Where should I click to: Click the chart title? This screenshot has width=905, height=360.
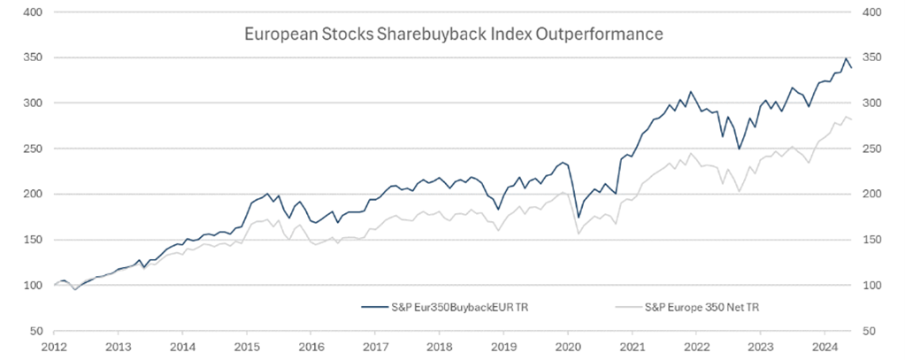click(x=453, y=36)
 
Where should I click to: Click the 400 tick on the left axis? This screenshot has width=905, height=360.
click(x=35, y=13)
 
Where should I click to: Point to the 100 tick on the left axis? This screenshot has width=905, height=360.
click(x=35, y=286)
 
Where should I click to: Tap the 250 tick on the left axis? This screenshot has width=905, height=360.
click(x=35, y=149)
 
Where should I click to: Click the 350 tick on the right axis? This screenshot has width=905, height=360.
click(x=872, y=58)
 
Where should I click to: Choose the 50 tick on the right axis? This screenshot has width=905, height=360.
click(x=870, y=331)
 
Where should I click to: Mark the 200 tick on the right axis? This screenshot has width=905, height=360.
click(x=872, y=195)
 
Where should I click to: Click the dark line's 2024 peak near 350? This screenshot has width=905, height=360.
click(x=847, y=58)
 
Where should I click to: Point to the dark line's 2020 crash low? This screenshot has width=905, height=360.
click(x=579, y=218)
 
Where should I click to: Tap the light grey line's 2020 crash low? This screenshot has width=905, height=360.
click(x=579, y=234)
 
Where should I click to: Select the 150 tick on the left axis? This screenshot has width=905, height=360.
click(x=35, y=240)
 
